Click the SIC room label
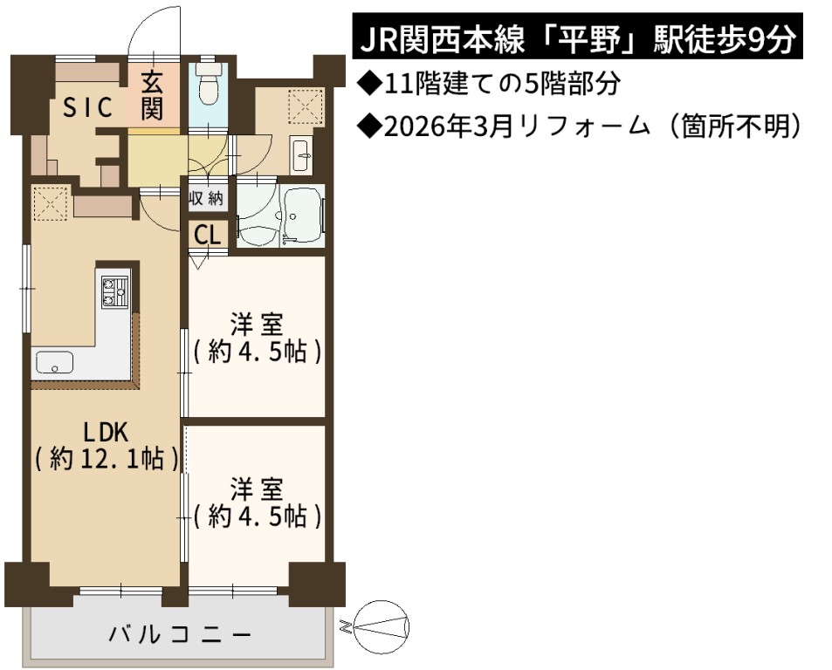[x=87, y=107]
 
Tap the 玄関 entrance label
[x=152, y=95]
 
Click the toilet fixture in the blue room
[x=208, y=83]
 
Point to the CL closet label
[x=208, y=235]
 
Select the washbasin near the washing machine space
[x=302, y=154]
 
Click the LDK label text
[x=107, y=433]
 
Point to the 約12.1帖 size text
[x=107, y=459]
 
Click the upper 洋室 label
[x=257, y=324]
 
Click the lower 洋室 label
[x=257, y=489]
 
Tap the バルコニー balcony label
[x=180, y=634]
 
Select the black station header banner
[x=578, y=36]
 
